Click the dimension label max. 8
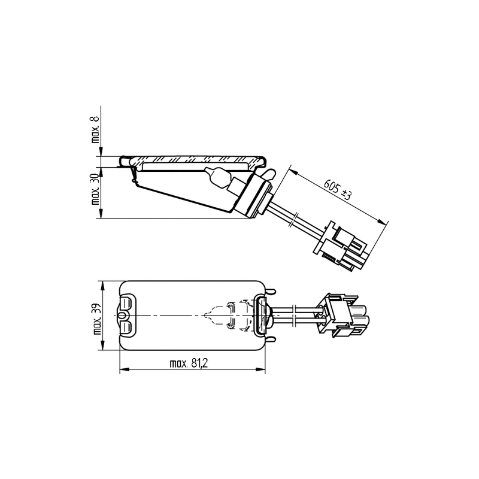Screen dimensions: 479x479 (x=96, y=129)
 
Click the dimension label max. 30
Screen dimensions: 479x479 (x=96, y=189)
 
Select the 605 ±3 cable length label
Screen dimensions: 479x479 (x=338, y=189)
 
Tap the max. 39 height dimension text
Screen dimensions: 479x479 (x=98, y=319)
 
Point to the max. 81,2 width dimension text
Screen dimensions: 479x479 (x=189, y=363)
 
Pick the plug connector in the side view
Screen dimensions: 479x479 (x=341, y=246)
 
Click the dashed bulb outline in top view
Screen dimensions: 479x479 (x=219, y=316)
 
